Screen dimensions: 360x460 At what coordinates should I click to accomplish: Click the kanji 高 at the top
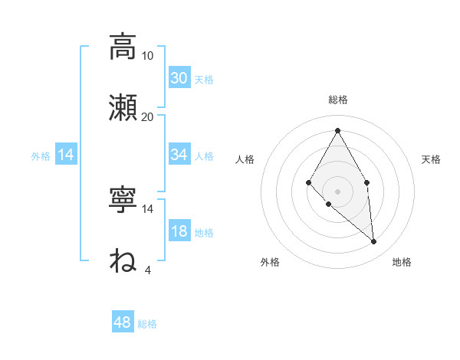[123, 47]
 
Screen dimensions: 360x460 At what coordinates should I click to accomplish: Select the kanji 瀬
[123, 108]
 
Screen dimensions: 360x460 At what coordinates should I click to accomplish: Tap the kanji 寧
[123, 200]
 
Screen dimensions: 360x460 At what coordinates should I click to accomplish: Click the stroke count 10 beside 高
[148, 55]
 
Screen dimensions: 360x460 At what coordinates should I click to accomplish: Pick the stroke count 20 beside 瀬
[148, 116]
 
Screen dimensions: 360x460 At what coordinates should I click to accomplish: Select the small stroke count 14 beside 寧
[148, 208]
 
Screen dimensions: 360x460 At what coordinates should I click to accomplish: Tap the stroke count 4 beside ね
[147, 270]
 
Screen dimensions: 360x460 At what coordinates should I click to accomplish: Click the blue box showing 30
[179, 77]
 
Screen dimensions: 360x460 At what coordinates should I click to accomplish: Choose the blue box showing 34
[179, 155]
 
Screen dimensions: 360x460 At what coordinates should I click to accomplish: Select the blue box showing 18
[179, 231]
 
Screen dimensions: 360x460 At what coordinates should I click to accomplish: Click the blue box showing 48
[123, 322]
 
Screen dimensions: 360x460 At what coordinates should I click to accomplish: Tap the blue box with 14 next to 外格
[66, 155]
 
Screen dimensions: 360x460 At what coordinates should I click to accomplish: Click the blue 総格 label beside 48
[147, 324]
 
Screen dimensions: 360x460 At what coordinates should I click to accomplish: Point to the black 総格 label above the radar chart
[337, 100]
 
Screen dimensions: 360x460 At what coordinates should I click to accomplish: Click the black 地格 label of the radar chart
[402, 262]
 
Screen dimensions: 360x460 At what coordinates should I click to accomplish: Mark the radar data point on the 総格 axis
[337, 130]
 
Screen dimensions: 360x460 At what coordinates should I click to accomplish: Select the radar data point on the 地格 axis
[374, 241]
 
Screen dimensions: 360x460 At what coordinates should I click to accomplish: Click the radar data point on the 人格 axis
[308, 182]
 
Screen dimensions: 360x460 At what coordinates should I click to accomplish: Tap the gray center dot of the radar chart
[337, 191]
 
